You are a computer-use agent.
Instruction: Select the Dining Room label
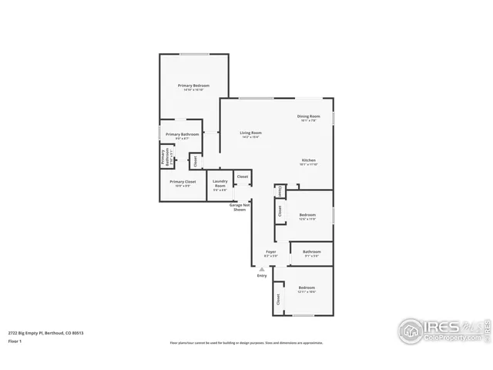(308, 118)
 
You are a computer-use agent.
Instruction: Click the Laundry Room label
(220, 185)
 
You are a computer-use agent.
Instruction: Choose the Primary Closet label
(185, 183)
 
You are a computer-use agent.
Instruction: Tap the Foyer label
(271, 253)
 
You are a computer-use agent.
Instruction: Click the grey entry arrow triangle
(262, 268)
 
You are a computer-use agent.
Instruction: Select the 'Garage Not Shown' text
(240, 207)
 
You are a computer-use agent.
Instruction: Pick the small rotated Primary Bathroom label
(165, 157)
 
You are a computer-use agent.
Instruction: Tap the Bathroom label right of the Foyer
(312, 253)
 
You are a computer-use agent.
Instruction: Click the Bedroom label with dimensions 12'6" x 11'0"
(307, 217)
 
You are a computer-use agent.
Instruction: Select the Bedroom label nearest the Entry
(307, 290)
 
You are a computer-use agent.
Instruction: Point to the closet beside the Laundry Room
(242, 177)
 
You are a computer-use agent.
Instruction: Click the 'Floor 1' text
(15, 340)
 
